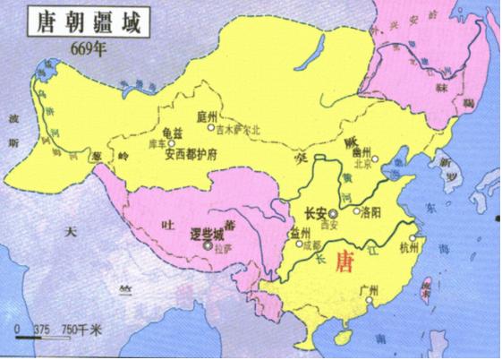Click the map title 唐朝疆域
pyautogui.click(x=63, y=21)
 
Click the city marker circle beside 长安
pyautogui.click(x=332, y=214)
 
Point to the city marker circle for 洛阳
pyautogui.click(x=354, y=213)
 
